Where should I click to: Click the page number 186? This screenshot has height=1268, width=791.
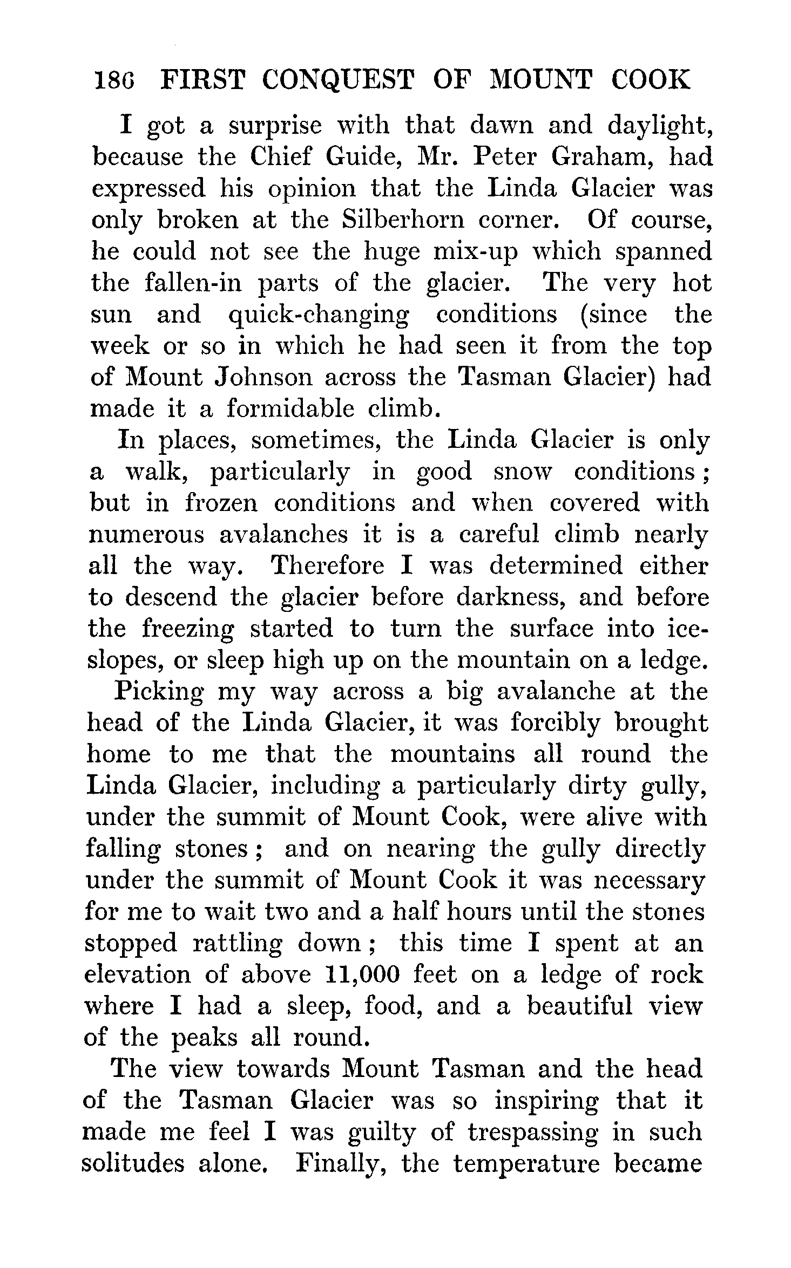pos(114,80)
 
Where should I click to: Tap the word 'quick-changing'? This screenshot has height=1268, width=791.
pos(318,315)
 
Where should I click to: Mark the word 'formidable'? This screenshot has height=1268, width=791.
pos(290,409)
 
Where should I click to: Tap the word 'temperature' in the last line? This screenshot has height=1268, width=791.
pos(526,1164)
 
